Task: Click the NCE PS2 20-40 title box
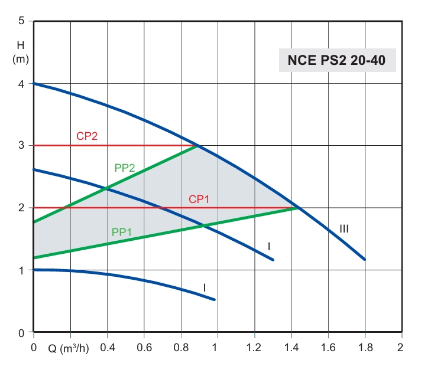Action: pos(337,60)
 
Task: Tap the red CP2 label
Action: pos(87,136)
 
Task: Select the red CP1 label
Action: pos(199,199)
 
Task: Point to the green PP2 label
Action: pos(125,168)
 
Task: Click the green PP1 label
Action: pos(121,232)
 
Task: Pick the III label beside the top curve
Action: pos(343,228)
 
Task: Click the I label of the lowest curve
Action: pos(204,287)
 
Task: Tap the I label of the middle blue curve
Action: pos(268,246)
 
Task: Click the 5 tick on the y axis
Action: pos(21,22)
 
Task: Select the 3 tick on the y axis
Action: pos(21,145)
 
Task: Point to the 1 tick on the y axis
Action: pos(21,270)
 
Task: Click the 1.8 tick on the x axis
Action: pos(365,347)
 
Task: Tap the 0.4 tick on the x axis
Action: pos(107,347)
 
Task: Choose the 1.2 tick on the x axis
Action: pos(254,347)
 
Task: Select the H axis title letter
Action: pos(21,44)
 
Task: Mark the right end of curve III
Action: pos(365,259)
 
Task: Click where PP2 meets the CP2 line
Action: pos(197,145)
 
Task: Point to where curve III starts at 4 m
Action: pos(34,83)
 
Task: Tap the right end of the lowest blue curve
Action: pos(214,299)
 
